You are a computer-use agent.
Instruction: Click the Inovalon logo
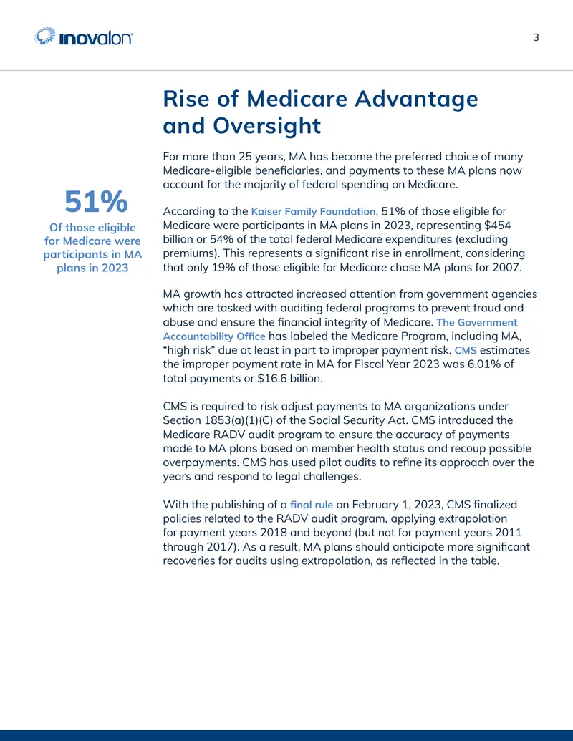(84, 37)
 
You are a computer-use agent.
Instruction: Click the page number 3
(536, 37)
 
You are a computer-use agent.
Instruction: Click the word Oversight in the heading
(266, 126)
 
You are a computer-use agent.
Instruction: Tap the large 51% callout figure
(96, 201)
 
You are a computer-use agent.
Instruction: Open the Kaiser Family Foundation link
(313, 211)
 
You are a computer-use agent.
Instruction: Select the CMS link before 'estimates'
(466, 350)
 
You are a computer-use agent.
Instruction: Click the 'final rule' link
(311, 504)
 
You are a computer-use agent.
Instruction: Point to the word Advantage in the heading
(417, 100)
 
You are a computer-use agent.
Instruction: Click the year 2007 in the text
(507, 268)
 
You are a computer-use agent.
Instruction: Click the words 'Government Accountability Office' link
(340, 329)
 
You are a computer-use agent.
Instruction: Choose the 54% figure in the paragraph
(209, 239)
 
